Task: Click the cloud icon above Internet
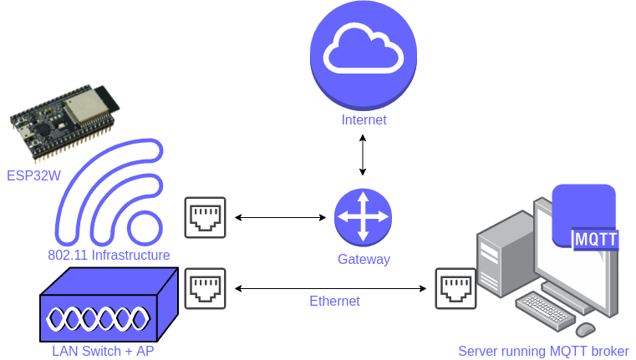click(x=364, y=54)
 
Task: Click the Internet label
click(x=364, y=120)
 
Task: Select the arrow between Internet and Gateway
click(x=363, y=154)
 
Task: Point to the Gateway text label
click(x=364, y=259)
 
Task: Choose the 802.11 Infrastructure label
click(x=109, y=255)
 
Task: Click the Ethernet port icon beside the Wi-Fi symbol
click(x=206, y=218)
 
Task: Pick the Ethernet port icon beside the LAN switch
click(x=206, y=288)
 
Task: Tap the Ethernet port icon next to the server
click(x=455, y=288)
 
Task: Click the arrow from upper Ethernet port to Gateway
click(x=280, y=218)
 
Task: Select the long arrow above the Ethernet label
click(x=330, y=288)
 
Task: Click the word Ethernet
click(x=334, y=302)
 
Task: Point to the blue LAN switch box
click(x=109, y=306)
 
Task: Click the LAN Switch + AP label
click(x=103, y=351)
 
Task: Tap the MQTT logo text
click(x=596, y=239)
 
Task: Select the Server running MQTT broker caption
click(x=543, y=351)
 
